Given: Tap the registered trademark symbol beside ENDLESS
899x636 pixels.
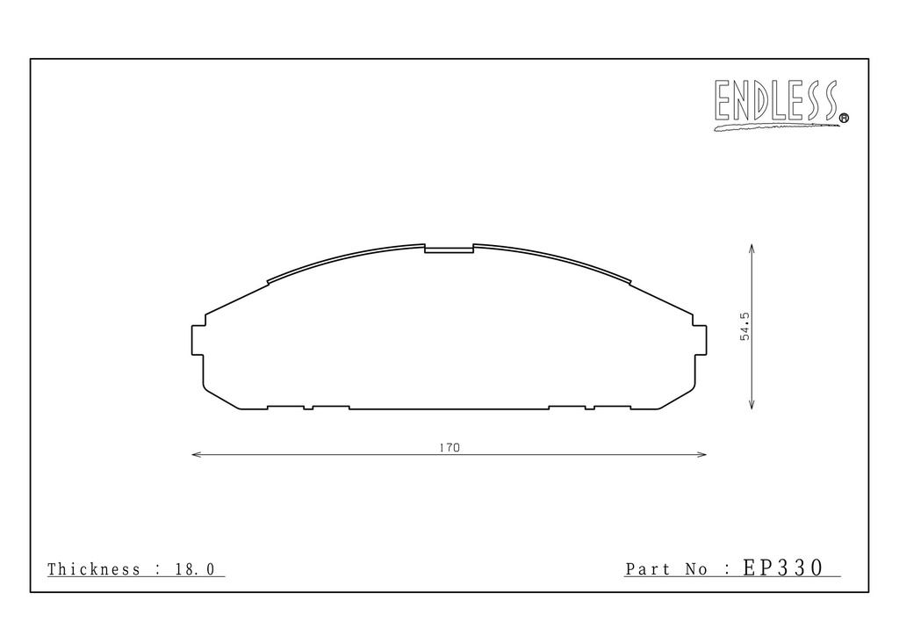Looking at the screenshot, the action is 844,118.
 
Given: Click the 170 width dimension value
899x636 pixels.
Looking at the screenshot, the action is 449,448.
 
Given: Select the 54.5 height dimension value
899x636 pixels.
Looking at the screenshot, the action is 744,326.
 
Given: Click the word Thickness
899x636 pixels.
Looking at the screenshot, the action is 93,569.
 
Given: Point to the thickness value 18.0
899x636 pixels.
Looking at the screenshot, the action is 195,569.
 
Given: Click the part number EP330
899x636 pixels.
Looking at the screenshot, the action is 783,567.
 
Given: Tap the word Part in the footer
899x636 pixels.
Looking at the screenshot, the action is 647,569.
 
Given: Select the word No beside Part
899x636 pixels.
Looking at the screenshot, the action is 696,569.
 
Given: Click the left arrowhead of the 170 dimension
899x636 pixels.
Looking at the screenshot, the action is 196,455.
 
